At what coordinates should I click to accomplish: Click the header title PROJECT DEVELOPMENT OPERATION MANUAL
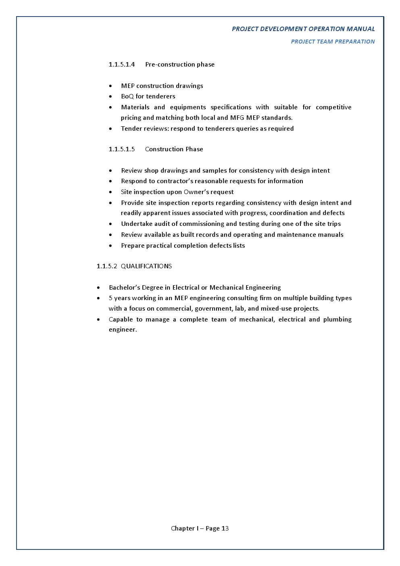coord(303,29)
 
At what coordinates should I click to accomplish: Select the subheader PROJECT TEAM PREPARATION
coord(333,42)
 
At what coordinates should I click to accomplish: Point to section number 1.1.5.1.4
coord(121,65)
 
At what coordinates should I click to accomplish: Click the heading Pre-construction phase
coord(180,65)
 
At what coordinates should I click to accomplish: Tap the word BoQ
coord(127,96)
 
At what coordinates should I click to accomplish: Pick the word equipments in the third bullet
coord(188,107)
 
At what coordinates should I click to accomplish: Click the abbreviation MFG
coord(237,118)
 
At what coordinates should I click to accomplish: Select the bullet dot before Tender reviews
coord(110,129)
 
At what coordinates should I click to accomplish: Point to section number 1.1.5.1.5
coord(121,149)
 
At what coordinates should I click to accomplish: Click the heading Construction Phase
coord(174,149)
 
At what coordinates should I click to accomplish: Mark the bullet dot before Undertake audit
coord(110,224)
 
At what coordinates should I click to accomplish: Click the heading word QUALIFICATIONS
coord(146,266)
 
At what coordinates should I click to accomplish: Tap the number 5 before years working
coord(110,298)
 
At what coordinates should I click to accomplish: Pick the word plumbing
coord(337,320)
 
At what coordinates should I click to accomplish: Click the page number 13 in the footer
coord(225,528)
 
